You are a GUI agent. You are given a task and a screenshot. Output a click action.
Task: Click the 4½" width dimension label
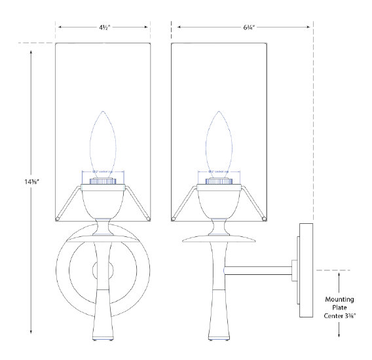(103, 28)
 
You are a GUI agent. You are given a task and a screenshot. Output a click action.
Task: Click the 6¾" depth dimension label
(242, 28)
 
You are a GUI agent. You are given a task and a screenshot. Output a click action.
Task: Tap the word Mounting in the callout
(339, 300)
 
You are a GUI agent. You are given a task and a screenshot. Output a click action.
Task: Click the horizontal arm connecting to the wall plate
(259, 268)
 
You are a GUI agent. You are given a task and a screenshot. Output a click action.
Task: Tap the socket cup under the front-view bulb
(102, 178)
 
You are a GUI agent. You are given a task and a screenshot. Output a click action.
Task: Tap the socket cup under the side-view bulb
(218, 178)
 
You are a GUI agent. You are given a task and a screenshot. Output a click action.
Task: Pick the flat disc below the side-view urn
(218, 239)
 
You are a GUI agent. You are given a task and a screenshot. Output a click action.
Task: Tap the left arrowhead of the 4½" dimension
(60, 28)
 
